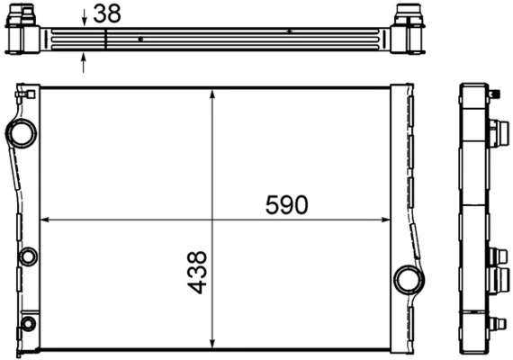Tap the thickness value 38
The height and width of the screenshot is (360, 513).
click(106, 13)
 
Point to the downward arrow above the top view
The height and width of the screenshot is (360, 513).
click(84, 17)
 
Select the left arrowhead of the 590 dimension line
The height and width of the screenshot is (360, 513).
click(45, 219)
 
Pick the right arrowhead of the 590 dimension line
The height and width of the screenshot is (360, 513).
click(385, 219)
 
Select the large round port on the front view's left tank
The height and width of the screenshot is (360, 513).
click(22, 134)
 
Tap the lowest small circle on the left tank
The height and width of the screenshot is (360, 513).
click(28, 323)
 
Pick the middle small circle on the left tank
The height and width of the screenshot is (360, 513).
click(27, 256)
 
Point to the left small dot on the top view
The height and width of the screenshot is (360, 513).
click(141, 40)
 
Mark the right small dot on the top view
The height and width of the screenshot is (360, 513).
click(289, 31)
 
